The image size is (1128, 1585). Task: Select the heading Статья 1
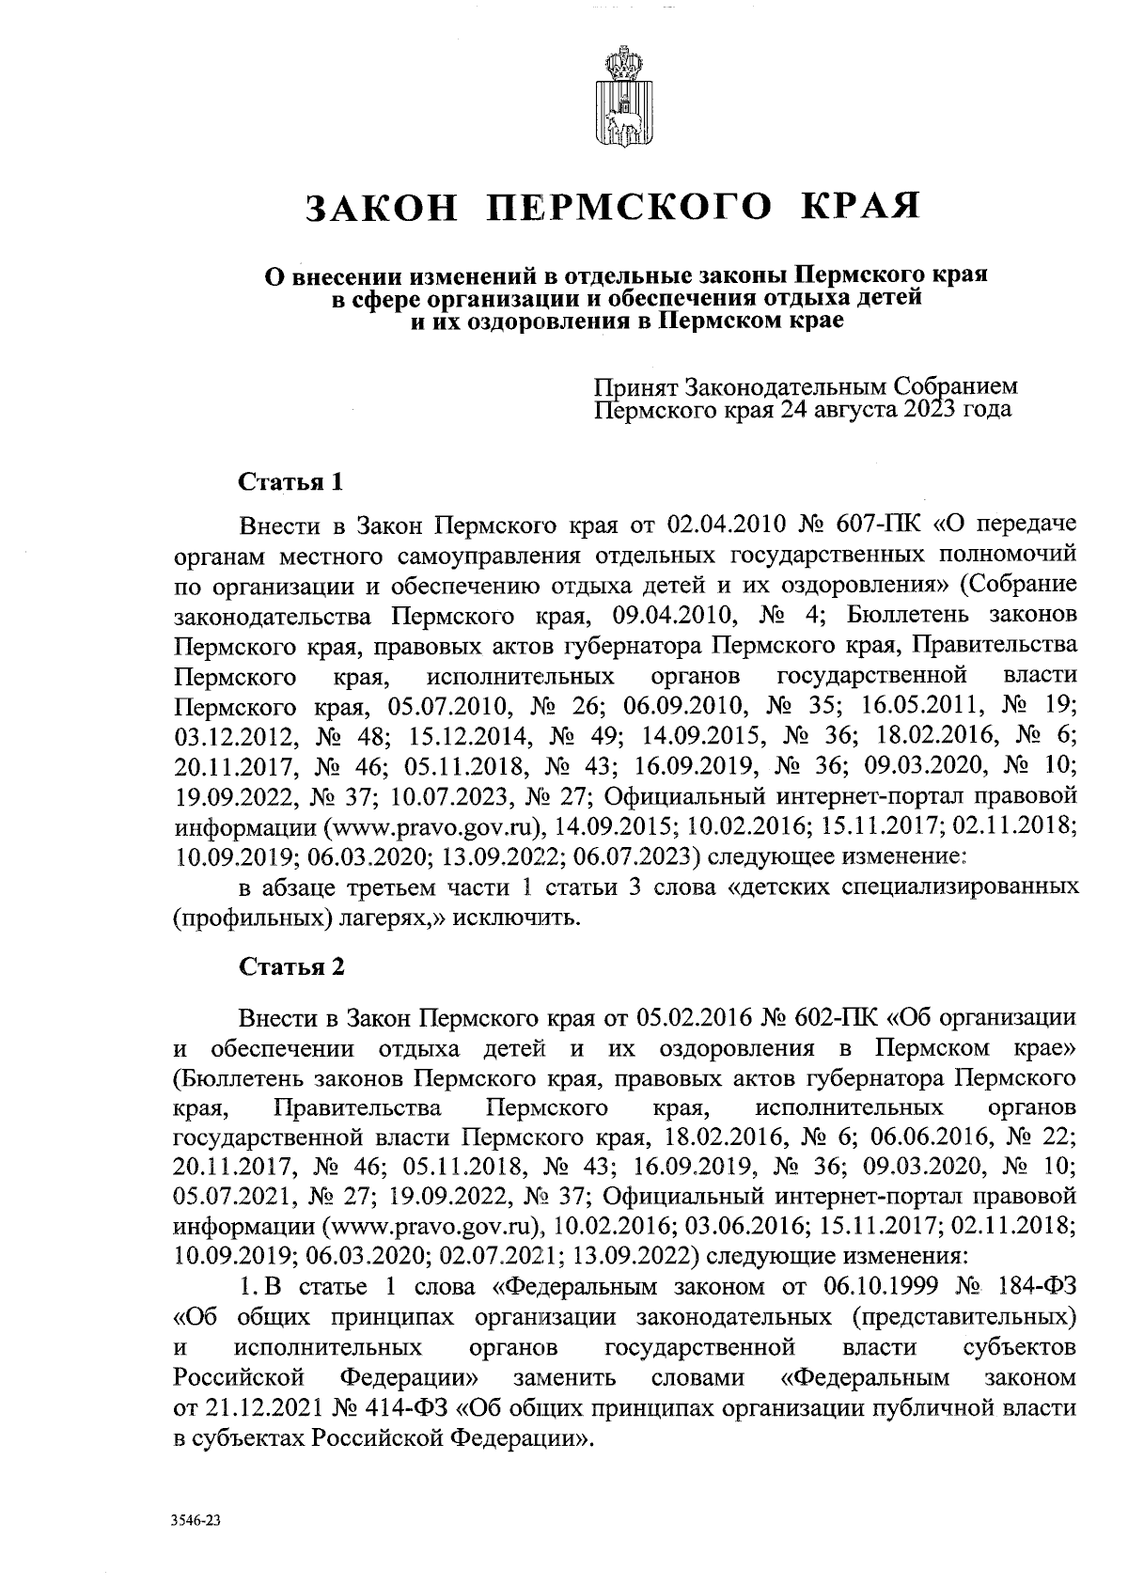click(290, 484)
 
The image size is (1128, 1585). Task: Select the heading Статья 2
click(292, 967)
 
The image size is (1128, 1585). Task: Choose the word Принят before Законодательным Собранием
click(636, 386)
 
